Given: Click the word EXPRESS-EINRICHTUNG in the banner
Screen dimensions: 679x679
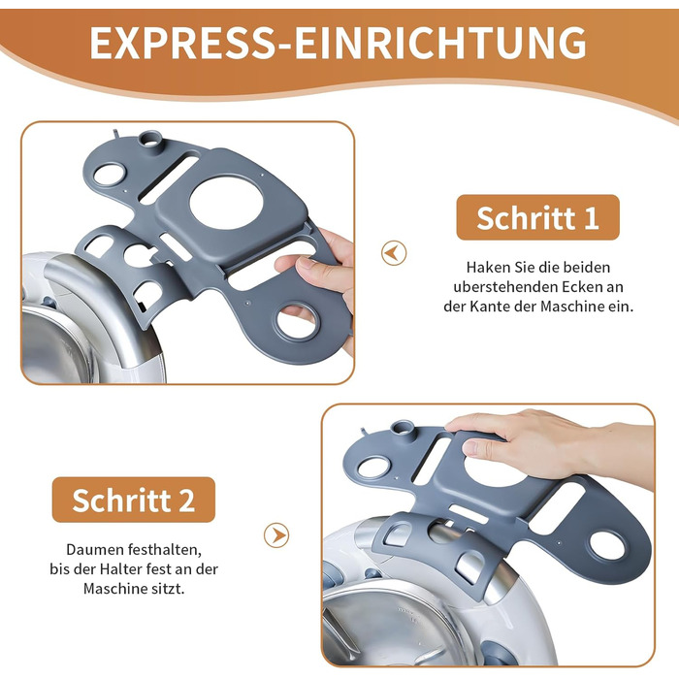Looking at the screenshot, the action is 338,43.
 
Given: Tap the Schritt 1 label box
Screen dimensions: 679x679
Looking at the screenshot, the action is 537,217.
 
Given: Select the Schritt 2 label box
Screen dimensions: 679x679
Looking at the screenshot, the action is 134,500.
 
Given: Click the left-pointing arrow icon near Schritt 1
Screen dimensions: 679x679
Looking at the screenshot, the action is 394,253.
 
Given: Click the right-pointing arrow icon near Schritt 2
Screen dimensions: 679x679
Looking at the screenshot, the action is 276,535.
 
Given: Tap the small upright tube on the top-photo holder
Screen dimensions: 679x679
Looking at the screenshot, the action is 150,140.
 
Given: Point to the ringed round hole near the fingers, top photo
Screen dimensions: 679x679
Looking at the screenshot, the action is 297,322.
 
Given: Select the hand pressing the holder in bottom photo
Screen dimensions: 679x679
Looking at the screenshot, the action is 548,448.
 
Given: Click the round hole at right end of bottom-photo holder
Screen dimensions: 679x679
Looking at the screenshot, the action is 607,544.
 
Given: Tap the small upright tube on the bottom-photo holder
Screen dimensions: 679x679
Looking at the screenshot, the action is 402,429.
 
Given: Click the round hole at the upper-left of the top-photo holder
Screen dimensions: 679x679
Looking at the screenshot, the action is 110,175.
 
